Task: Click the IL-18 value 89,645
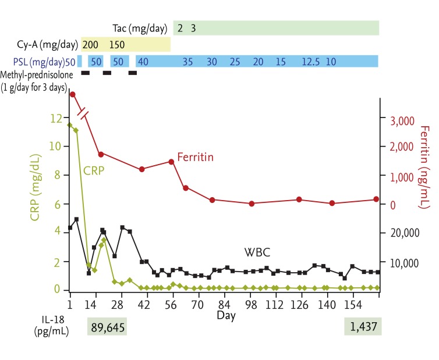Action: pos(107,327)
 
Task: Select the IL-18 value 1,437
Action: pos(362,327)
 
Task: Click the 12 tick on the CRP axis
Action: pos(56,119)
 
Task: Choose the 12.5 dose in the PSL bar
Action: pos(310,62)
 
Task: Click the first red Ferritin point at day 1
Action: pos(72,94)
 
